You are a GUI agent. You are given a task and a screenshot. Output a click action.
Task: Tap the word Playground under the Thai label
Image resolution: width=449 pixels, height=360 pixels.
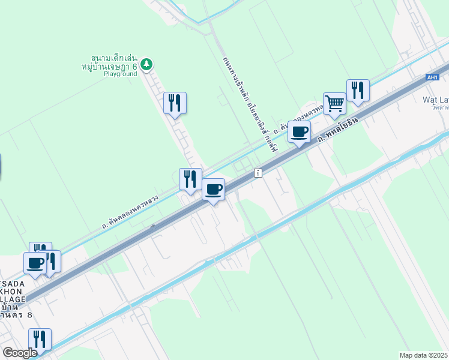[120, 74]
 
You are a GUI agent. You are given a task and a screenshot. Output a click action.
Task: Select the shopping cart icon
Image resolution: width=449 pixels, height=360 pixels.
[334, 103]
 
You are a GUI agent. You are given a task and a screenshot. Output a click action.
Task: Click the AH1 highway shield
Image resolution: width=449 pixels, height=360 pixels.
[432, 77]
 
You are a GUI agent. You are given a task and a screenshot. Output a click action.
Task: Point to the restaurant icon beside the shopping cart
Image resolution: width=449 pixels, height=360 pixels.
[358, 91]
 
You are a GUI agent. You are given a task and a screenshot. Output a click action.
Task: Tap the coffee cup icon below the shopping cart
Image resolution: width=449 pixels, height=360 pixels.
[299, 132]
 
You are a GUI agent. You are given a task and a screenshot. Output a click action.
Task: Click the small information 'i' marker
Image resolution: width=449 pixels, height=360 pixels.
[258, 173]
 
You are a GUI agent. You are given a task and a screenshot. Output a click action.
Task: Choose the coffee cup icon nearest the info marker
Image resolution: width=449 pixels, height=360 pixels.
[214, 190]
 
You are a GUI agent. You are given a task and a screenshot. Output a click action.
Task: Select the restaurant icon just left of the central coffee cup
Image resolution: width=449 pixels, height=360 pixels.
[190, 179]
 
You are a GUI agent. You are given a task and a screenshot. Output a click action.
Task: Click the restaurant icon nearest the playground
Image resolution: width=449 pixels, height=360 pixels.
[175, 103]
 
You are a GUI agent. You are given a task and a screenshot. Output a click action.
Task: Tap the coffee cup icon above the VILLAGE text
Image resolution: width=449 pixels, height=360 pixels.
[35, 263]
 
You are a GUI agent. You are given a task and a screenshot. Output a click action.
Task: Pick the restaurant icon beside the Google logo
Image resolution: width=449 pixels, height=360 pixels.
[40, 339]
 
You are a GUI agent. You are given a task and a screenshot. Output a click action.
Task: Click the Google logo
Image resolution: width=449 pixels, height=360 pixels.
[19, 352]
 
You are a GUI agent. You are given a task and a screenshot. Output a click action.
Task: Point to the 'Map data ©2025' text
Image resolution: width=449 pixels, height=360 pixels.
[423, 355]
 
